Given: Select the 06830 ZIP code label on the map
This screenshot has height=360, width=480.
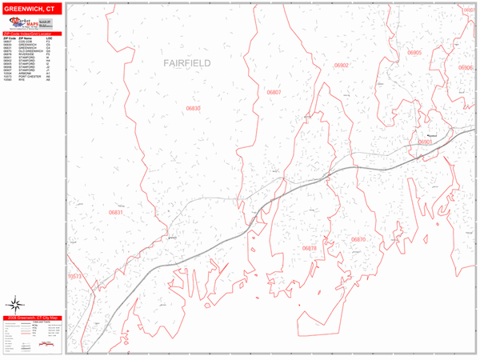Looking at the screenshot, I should (194, 108).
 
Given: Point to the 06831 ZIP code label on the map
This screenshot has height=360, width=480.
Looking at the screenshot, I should (116, 213).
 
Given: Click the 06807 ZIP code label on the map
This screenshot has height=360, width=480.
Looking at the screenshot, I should (274, 93).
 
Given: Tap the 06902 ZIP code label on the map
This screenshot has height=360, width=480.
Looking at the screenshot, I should (342, 66).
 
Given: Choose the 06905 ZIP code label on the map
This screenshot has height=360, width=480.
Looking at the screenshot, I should (414, 52).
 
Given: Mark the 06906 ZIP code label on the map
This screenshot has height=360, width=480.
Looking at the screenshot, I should (466, 68).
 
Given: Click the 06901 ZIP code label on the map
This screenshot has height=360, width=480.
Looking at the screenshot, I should (425, 142).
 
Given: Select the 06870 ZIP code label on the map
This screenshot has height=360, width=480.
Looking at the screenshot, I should (358, 239).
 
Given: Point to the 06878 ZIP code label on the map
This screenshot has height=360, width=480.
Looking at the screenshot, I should (310, 249).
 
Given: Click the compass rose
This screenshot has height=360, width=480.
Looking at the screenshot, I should (14, 304).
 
